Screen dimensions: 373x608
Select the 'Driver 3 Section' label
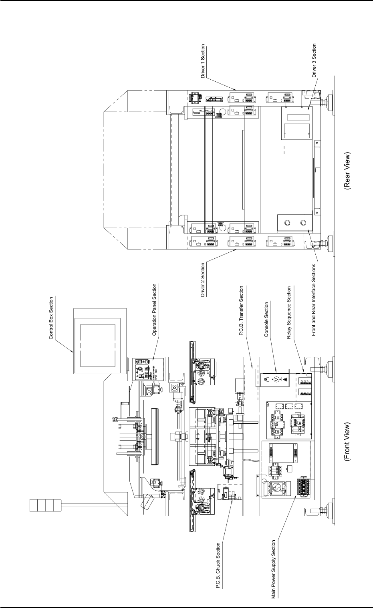[314, 60]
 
